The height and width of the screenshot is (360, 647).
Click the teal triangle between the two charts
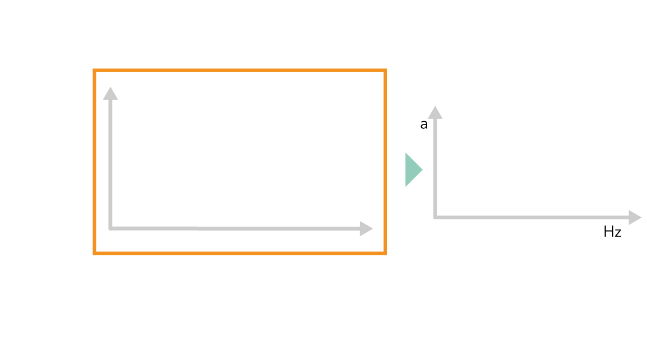click(412, 170)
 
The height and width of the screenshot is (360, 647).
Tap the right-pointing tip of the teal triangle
click(422, 170)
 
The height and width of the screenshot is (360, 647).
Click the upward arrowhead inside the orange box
click(111, 94)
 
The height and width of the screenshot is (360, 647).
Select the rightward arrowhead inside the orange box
click(366, 229)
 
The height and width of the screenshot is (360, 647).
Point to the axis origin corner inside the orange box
click(111, 229)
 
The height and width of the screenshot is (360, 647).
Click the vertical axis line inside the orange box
click(111, 162)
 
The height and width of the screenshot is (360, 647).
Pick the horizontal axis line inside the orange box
click(232, 229)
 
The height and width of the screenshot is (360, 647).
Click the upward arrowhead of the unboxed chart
click(435, 113)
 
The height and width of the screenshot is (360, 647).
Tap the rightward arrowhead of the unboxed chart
click(635, 218)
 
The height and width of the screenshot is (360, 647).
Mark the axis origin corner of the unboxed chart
click(435, 218)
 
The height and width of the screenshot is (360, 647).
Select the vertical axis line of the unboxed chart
click(435, 167)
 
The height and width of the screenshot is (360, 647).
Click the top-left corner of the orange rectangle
click(94, 71)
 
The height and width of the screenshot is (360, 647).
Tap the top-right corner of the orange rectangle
click(385, 71)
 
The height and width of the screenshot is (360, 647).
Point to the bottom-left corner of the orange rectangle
click(94, 253)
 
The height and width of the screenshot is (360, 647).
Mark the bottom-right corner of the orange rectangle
click(385, 253)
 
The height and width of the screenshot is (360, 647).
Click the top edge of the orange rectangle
click(240, 71)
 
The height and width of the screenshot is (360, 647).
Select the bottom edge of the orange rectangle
click(240, 253)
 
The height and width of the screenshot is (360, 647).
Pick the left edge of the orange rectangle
click(94, 162)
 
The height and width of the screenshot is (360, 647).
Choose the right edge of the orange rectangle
click(385, 162)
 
